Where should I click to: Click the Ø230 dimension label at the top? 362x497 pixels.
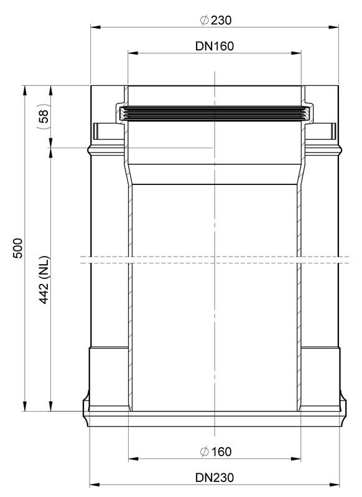216,21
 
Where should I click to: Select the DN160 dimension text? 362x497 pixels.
215,46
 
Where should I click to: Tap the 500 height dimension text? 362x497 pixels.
18,248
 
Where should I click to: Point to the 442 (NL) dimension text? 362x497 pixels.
44,280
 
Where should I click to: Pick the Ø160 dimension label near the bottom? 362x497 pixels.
216,452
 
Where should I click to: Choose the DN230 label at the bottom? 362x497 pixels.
215,478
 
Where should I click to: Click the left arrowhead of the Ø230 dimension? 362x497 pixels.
96,27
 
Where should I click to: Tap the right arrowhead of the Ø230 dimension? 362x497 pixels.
333,27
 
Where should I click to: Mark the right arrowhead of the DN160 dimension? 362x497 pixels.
296,53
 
